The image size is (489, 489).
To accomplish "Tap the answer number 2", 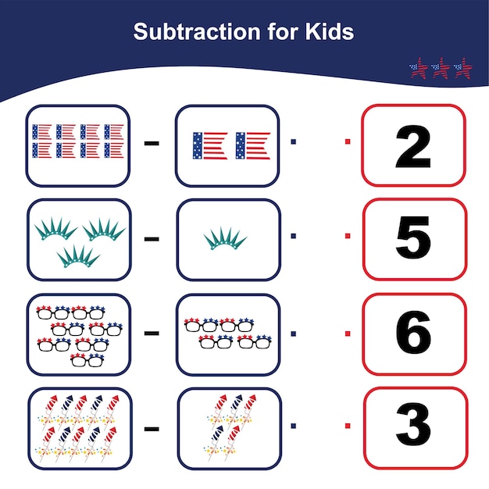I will pyautogui.click(x=413, y=147).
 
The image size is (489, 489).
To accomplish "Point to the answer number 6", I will pyautogui.click(x=413, y=334).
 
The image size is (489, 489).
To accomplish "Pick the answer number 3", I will pyautogui.click(x=413, y=427).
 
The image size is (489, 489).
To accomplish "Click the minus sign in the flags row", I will pyautogui.click(x=152, y=143).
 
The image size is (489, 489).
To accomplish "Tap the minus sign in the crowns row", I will pyautogui.click(x=152, y=237).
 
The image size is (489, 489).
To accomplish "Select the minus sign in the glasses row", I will pyautogui.click(x=152, y=334).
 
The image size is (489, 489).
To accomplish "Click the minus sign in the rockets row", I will pyautogui.click(x=152, y=427).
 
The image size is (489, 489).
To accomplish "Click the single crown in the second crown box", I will pyautogui.click(x=225, y=238).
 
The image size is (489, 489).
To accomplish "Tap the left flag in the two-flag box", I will pyautogui.click(x=209, y=145).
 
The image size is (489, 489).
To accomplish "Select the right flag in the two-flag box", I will pyautogui.click(x=252, y=145).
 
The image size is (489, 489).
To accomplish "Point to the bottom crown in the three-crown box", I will pyautogui.click(x=78, y=255).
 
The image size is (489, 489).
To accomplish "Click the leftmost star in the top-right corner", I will pyautogui.click(x=420, y=68).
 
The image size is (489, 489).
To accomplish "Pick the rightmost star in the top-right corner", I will pyautogui.click(x=463, y=68).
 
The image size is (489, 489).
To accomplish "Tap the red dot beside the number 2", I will pyautogui.click(x=348, y=141).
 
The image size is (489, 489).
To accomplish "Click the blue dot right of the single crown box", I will pyautogui.click(x=294, y=236).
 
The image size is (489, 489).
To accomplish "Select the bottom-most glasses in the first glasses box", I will pyautogui.click(x=86, y=359).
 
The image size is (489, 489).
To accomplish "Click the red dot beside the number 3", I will pyautogui.click(x=348, y=426).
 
